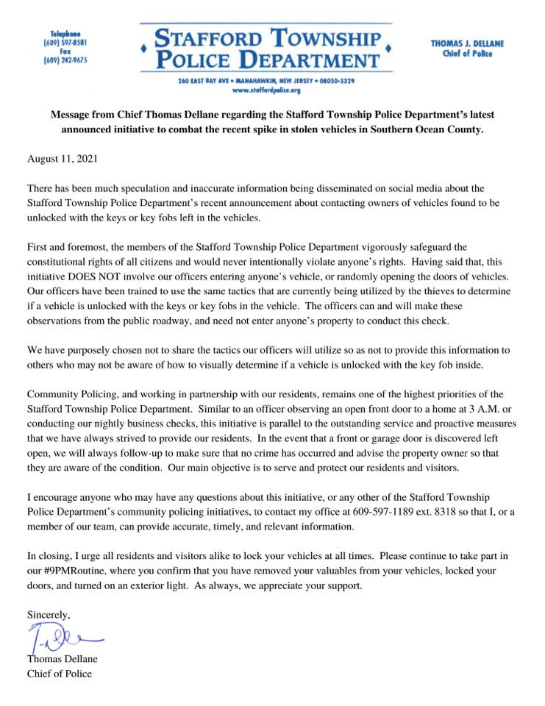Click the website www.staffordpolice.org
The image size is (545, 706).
[266, 90]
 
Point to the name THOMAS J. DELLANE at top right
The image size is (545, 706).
[467, 44]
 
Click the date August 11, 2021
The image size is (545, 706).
[62, 159]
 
